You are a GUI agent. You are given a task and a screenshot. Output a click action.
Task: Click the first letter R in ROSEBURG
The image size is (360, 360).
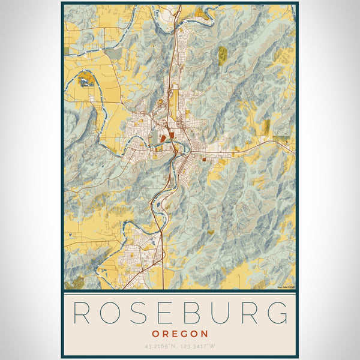coord(81,313)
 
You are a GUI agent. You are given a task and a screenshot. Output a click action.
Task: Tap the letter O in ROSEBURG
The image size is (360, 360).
coord(108,313)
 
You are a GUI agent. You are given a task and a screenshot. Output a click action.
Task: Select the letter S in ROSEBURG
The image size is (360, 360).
coord(135,313)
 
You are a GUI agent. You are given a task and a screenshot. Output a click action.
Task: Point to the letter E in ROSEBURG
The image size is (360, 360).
coord(161,313)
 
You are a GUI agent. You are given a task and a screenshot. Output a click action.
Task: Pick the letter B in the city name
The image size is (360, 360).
coord(187,313)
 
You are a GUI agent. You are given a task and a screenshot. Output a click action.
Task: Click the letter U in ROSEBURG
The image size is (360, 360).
coord(215,313)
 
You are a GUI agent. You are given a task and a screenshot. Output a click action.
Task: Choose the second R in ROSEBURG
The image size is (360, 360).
coord(245,313)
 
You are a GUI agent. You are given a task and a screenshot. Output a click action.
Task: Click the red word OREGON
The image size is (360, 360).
coord(180,334)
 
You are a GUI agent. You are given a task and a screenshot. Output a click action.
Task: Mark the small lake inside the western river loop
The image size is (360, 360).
coord(86,79)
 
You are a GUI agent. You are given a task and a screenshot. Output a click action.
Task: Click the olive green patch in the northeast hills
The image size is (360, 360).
coord(223,55)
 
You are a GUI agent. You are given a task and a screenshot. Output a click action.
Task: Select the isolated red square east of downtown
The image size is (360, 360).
coord(204,160)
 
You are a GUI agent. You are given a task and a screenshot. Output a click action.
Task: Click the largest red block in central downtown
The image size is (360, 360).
coord(163,138)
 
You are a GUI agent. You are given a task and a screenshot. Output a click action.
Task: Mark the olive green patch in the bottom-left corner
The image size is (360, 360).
coord(78,282)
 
